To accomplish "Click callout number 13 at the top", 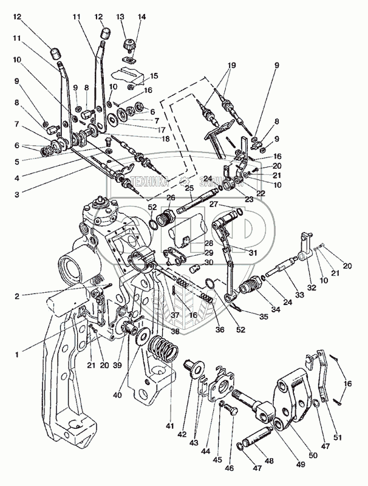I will (120, 16).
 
